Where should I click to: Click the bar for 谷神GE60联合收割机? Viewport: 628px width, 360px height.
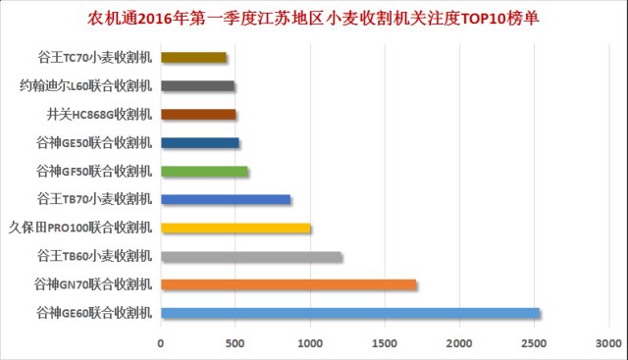click(349, 314)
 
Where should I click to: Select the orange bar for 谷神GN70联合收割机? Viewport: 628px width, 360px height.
click(288, 285)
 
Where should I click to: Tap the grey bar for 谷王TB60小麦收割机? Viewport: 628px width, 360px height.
click(251, 257)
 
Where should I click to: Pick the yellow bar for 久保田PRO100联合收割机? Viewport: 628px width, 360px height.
click(235, 229)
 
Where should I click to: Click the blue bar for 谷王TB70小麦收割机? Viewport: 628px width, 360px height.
click(226, 200)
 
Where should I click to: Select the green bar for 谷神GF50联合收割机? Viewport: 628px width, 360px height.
click(204, 172)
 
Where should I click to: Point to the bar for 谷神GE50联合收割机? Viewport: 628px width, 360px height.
click(200, 143)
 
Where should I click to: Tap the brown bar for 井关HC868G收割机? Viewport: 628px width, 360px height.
click(198, 115)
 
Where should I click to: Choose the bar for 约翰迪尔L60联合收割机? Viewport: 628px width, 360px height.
click(197, 86)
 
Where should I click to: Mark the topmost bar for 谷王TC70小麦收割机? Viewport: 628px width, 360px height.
click(193, 58)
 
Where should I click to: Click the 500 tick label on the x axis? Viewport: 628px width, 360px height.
click(235, 343)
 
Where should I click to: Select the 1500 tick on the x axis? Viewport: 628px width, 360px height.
click(385, 343)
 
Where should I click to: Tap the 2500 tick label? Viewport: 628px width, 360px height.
click(534, 343)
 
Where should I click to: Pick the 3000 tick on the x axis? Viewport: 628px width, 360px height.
click(608, 343)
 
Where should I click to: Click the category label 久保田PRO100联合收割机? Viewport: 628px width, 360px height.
click(80, 229)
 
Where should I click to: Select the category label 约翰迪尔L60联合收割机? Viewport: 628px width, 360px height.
click(86, 86)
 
